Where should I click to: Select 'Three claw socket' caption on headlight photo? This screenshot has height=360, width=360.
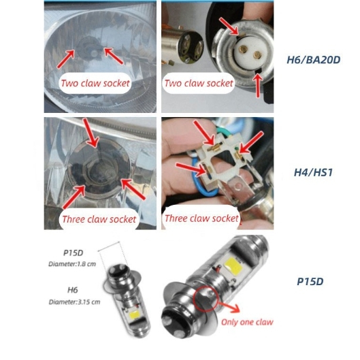(99, 219)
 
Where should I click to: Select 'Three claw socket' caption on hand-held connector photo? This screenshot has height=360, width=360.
(201, 218)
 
